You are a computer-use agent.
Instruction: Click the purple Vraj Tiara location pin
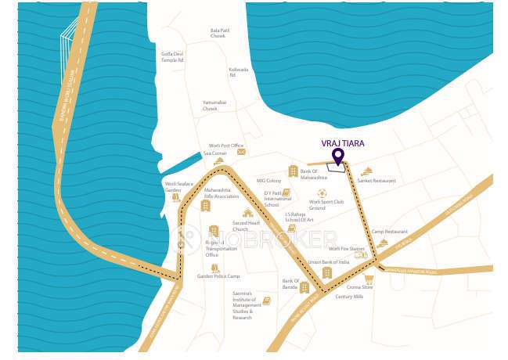tap(338, 157)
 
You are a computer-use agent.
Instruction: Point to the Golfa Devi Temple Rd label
tap(172, 57)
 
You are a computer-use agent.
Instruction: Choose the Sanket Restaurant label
tap(376, 181)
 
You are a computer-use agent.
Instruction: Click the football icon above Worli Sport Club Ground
tap(322, 193)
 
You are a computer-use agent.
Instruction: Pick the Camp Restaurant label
tap(390, 232)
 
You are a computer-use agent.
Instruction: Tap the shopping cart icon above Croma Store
tap(367, 278)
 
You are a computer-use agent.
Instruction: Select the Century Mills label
tap(349, 297)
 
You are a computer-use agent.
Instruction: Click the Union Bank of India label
tap(329, 262)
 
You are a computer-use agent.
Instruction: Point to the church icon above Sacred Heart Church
tap(248, 213)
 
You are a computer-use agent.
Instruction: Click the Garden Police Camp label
tap(218, 276)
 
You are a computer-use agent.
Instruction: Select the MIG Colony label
tap(268, 181)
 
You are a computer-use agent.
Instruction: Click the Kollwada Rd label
tap(238, 72)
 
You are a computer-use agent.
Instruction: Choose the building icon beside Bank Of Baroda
tap(304, 286)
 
